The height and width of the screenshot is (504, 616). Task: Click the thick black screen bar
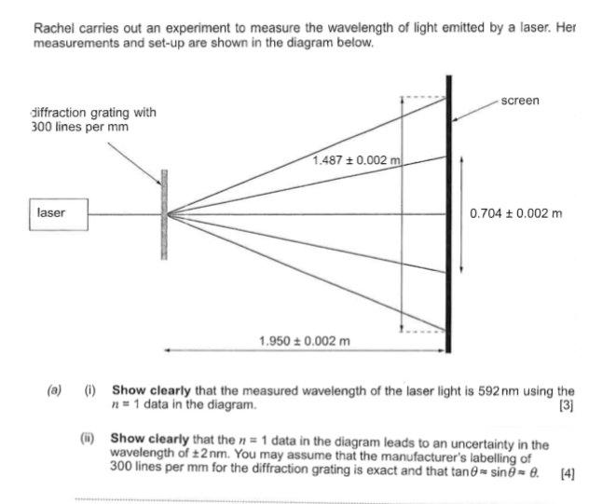tap(449, 214)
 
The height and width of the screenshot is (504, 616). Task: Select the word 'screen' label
tap(519, 100)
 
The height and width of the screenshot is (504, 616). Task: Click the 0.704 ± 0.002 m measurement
tap(516, 214)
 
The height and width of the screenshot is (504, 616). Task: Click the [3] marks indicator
tap(566, 405)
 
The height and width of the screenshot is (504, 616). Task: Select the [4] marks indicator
tap(568, 474)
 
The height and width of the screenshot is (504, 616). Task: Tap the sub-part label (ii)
tap(89, 438)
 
